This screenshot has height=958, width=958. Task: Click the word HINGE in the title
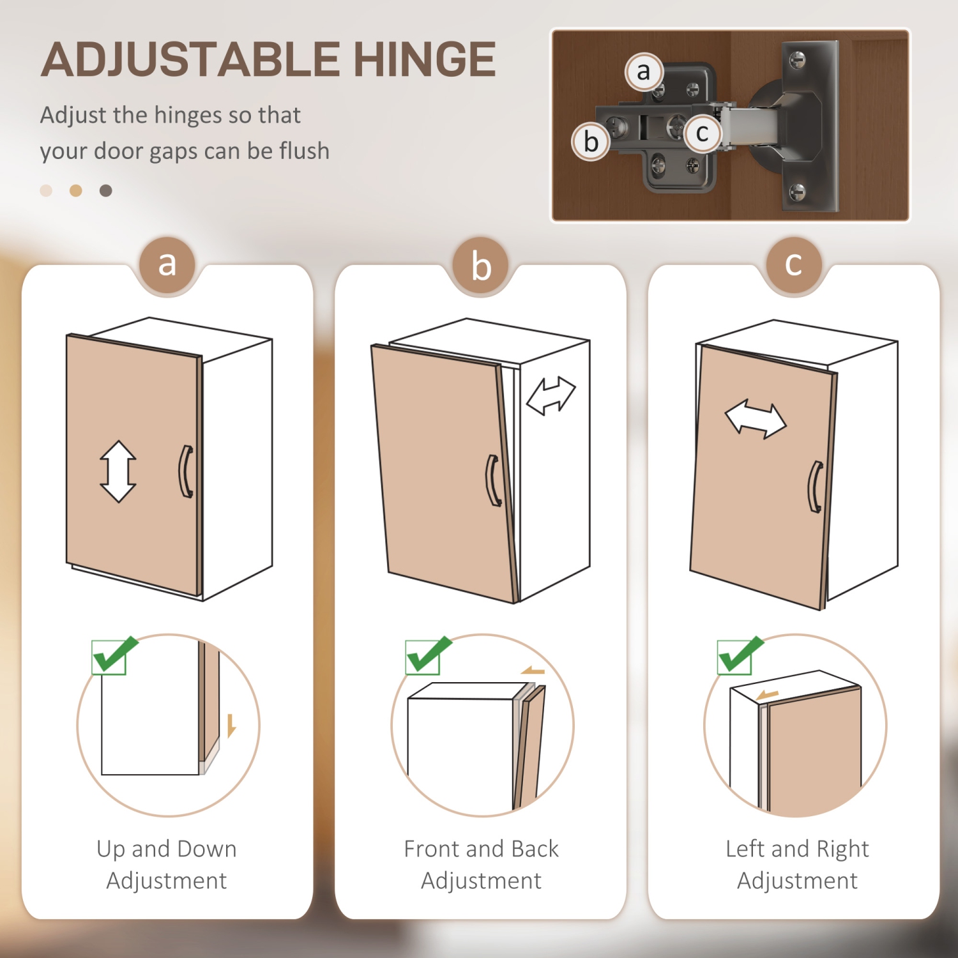tap(425, 59)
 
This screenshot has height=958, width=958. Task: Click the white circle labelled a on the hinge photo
tap(644, 72)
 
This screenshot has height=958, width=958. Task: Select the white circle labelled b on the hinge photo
tap(591, 142)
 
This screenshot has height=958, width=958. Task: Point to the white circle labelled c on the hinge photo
tap(703, 133)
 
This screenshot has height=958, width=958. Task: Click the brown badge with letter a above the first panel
tap(167, 264)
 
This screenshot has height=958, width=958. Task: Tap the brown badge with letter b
tap(481, 266)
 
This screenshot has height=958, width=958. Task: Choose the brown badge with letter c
tap(793, 264)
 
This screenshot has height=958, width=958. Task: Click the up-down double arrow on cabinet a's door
tap(118, 471)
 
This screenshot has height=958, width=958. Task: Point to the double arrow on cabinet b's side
tap(551, 396)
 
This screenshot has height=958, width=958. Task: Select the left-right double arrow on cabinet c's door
tap(756, 420)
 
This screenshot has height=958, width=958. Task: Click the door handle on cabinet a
tap(185, 471)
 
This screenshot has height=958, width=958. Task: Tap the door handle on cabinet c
tap(815, 487)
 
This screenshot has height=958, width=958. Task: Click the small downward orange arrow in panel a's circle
tap(231, 726)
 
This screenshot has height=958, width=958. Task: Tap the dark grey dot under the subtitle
tap(106, 190)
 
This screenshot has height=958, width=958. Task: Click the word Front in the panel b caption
tap(432, 849)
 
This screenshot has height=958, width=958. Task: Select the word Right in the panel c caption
tap(842, 849)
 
